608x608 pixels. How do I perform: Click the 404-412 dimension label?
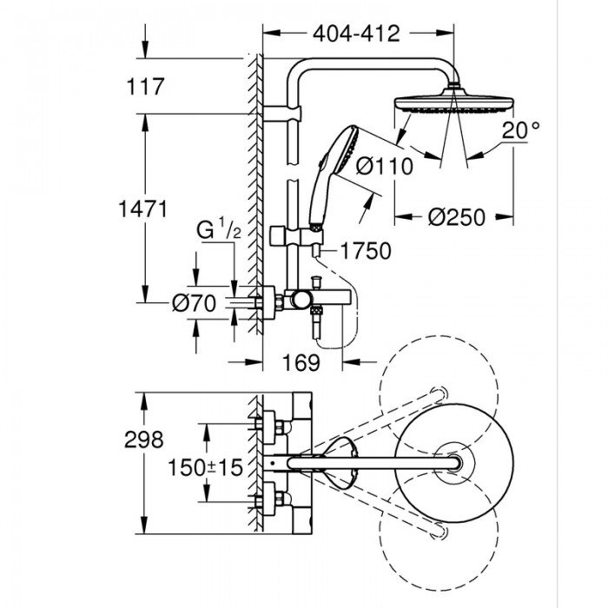click(x=357, y=33)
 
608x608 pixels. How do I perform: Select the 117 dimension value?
click(x=145, y=87)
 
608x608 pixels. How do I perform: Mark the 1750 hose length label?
click(x=365, y=250)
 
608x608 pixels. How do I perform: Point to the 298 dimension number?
click(x=143, y=439)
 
